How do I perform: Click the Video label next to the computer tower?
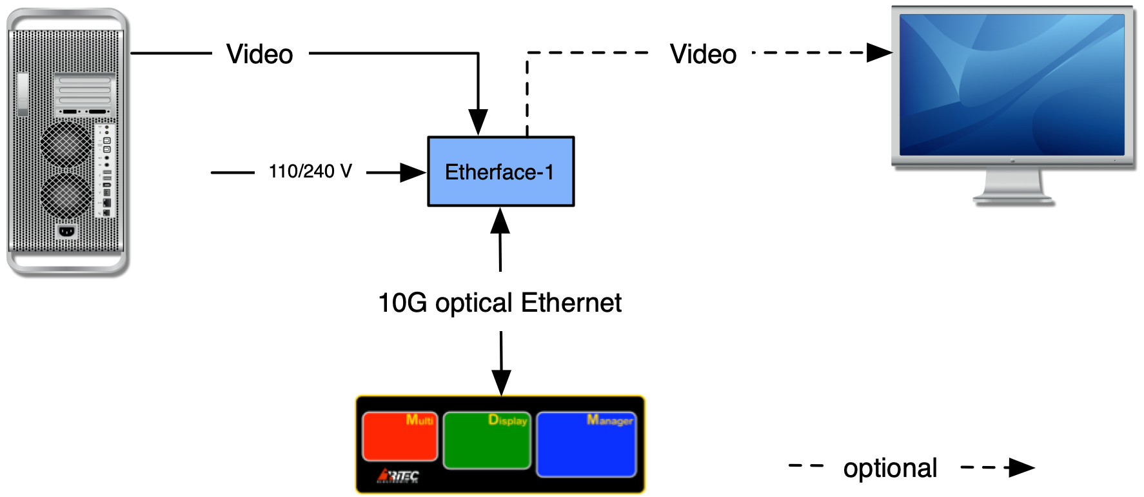[260, 53]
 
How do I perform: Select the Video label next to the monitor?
[703, 53]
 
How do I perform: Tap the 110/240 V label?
[310, 172]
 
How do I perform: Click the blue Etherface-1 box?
[500, 172]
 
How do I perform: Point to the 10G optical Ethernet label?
[500, 301]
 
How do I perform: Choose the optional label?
[891, 467]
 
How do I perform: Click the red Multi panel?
[400, 437]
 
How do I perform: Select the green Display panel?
[487, 441]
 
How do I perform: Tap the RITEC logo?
[399, 476]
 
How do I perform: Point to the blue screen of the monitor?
[1012, 85]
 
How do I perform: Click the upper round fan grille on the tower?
[66, 143]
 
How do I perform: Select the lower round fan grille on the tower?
[66, 194]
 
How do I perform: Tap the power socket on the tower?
[66, 230]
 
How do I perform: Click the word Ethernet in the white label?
[571, 302]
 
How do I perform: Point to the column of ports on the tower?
[106, 171]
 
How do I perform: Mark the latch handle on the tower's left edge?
[23, 94]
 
